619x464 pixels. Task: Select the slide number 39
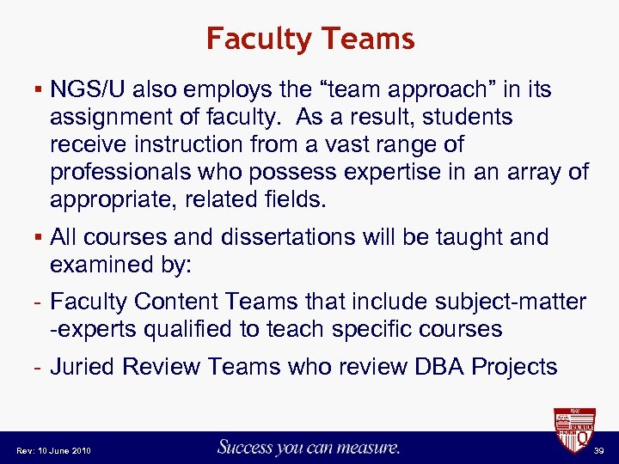599,450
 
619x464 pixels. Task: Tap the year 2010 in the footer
80,450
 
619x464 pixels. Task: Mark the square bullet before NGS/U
33,90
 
